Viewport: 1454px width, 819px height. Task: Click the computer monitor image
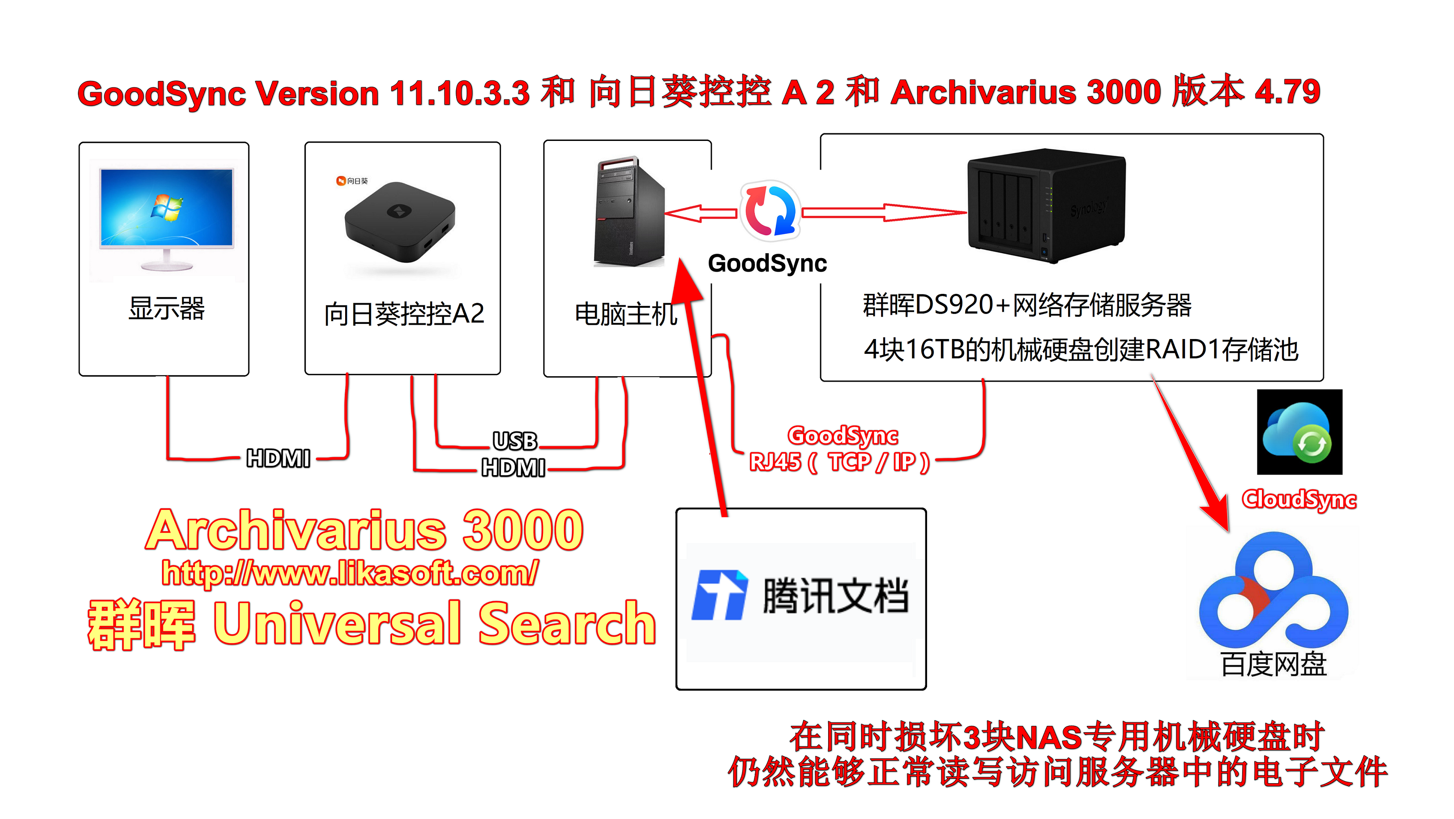point(167,217)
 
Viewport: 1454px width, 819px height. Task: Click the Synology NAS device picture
point(1046,205)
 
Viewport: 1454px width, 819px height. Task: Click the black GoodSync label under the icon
point(767,263)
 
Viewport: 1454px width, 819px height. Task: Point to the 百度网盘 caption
point(1274,664)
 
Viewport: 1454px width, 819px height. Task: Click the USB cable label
point(515,441)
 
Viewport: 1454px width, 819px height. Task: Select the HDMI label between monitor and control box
point(278,458)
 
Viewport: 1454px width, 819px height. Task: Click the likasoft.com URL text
point(350,573)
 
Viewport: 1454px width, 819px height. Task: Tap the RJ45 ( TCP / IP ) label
point(839,463)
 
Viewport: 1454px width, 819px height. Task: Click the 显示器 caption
point(167,309)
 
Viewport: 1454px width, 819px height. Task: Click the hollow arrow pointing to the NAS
point(883,212)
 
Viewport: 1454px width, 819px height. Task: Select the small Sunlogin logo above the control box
point(352,181)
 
